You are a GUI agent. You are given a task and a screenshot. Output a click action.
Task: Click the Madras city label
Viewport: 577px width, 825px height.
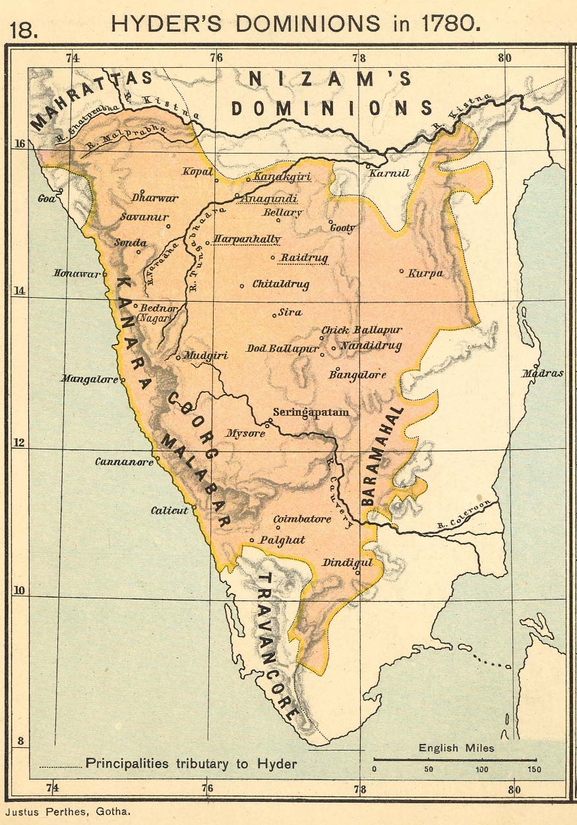tap(543, 374)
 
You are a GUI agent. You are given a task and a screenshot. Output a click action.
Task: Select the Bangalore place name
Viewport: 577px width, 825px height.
tap(357, 375)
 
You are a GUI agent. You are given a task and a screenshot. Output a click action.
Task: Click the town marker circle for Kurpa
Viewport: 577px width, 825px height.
tap(401, 271)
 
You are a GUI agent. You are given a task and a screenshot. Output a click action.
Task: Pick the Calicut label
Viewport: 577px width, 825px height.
tap(169, 511)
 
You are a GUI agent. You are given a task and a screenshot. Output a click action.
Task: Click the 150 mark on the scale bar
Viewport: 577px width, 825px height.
tap(534, 769)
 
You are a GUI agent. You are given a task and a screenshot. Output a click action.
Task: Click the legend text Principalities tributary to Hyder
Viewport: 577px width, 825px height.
tap(191, 764)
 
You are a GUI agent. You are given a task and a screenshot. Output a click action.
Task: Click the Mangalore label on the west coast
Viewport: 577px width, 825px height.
tap(89, 379)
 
